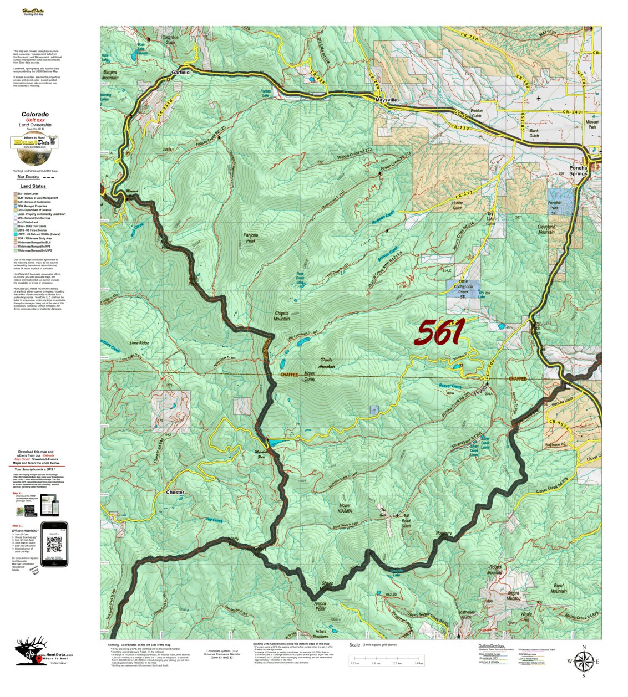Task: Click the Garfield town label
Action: tap(180, 72)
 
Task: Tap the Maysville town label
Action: tap(386, 100)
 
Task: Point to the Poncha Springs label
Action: tap(578, 170)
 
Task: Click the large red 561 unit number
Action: tap(439, 332)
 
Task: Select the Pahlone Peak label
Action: tap(251, 238)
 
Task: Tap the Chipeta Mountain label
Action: tap(282, 316)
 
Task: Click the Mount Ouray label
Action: tap(310, 376)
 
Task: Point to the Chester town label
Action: tap(175, 492)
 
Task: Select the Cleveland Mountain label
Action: tap(546, 229)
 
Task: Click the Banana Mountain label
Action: tap(110, 75)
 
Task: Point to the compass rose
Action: tap(584, 660)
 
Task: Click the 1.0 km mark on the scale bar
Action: tap(376, 663)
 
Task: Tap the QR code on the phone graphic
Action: tap(54, 545)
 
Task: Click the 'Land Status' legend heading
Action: tap(33, 186)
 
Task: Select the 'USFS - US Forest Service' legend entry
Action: tap(39, 230)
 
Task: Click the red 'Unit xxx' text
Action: tap(35, 120)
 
